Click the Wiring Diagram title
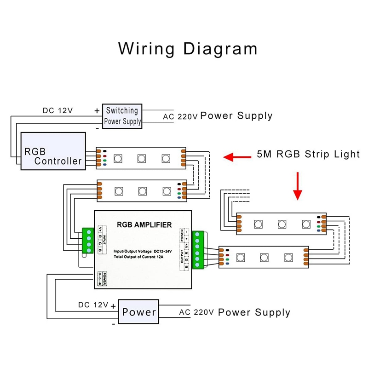tap(188, 48)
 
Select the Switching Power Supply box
tap(122, 116)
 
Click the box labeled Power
tap(138, 312)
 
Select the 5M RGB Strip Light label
tap(308, 154)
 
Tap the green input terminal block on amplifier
tap(88, 241)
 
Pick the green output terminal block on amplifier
tap(198, 250)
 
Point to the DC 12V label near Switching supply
tap(58, 110)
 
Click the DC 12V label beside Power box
tap(93, 305)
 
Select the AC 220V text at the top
tap(180, 116)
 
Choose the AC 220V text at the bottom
tap(196, 313)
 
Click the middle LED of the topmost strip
tap(141, 158)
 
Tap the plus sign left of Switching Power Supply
tap(97, 110)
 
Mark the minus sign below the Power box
tap(113, 324)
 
